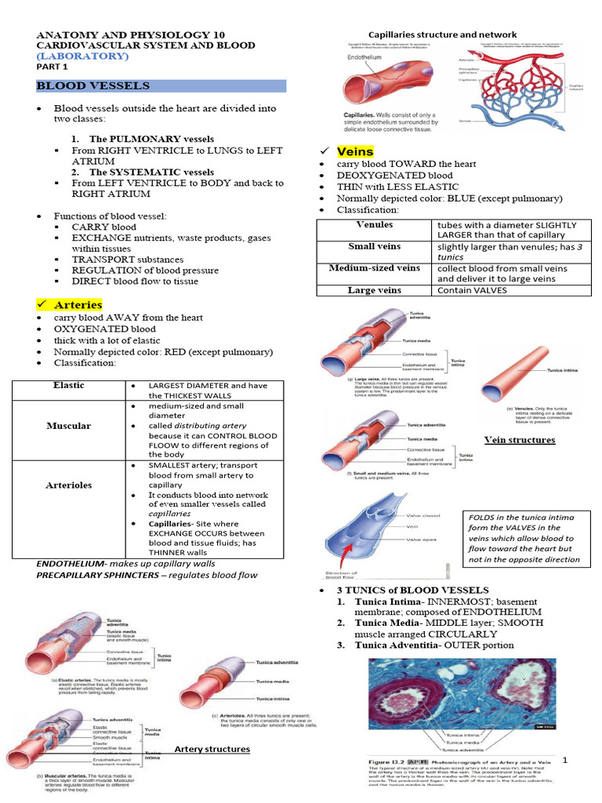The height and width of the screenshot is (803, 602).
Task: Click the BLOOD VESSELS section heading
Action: (93, 85)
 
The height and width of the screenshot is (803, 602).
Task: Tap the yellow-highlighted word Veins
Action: (354, 151)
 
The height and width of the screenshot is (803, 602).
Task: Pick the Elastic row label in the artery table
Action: (68, 386)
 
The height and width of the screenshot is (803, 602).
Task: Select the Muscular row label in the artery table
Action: (68, 426)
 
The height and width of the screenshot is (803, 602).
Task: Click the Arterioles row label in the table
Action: (68, 485)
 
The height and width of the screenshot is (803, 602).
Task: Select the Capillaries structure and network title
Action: (442, 35)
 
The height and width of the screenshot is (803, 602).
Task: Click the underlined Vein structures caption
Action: (519, 440)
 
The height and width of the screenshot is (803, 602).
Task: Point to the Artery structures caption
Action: (212, 749)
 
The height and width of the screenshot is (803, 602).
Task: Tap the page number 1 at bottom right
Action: (586, 760)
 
